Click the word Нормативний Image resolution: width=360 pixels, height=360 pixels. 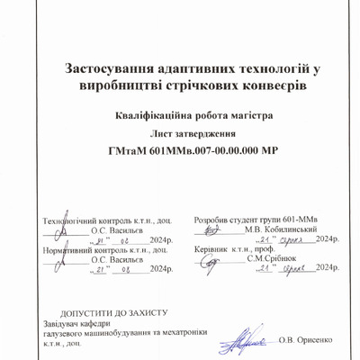68,247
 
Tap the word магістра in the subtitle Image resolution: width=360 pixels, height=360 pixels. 245,116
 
